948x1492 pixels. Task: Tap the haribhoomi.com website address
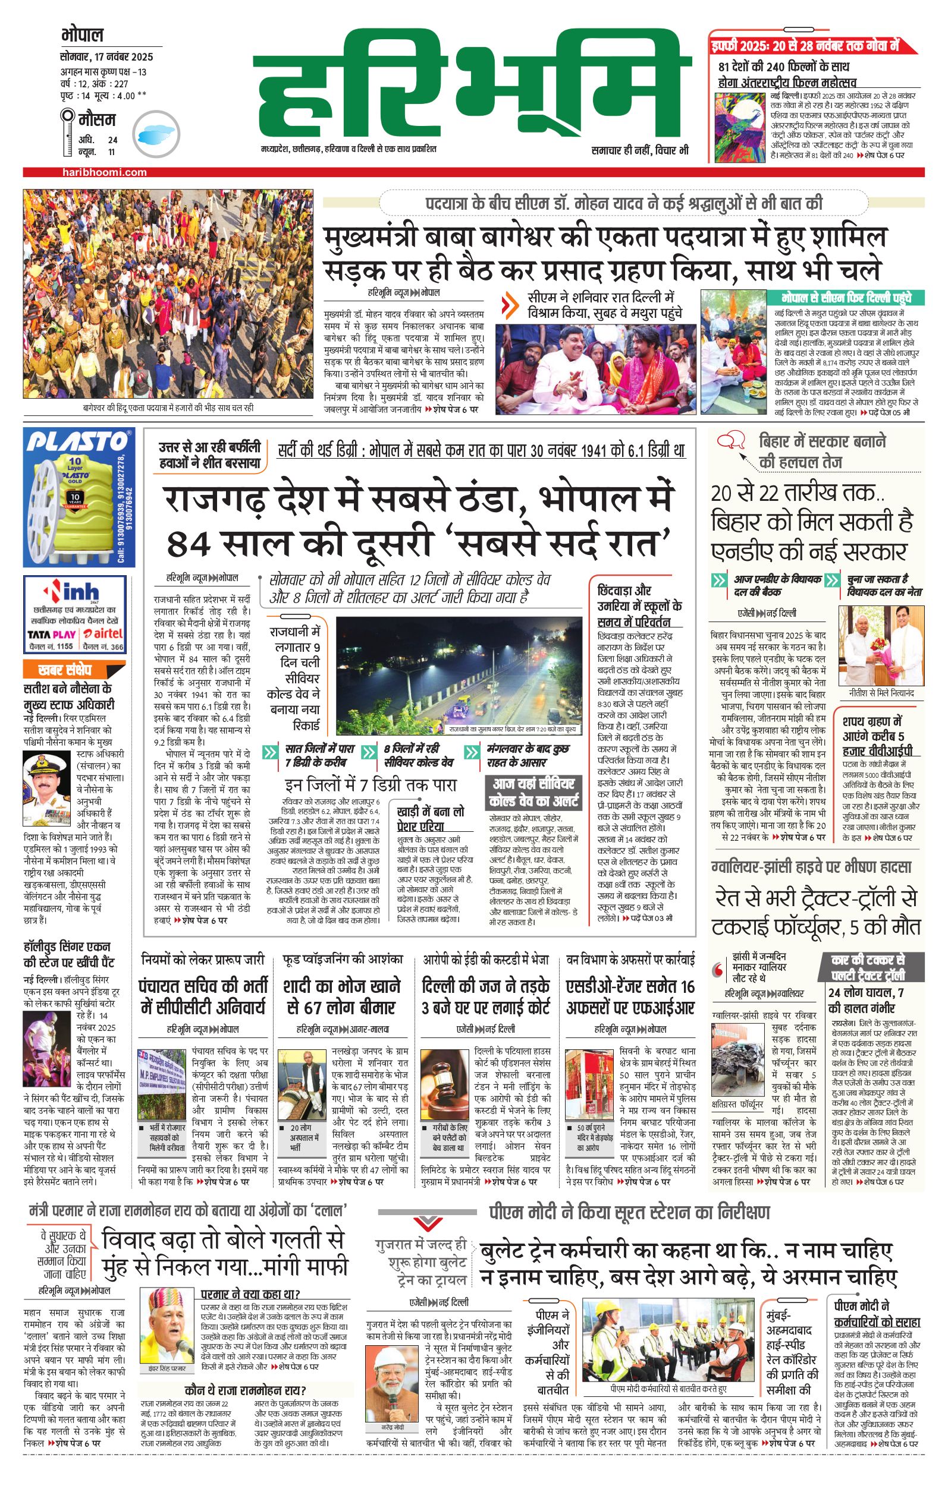[105, 172]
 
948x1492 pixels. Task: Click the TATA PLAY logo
[52, 634]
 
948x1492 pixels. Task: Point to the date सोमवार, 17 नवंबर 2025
[106, 57]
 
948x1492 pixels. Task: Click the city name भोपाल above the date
[83, 34]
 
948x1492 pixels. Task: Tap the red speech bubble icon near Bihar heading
[731, 441]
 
